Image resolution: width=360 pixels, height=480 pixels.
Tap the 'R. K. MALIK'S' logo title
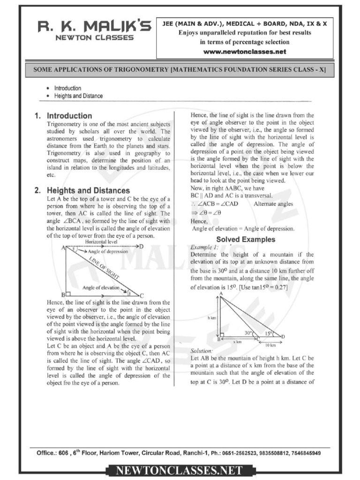[95, 28]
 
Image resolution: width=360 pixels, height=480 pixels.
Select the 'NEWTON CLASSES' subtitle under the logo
[95, 38]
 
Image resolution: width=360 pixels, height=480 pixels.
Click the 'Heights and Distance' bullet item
[78, 96]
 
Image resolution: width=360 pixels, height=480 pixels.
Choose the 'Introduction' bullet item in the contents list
[67, 88]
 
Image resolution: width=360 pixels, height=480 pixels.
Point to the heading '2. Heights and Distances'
[82, 191]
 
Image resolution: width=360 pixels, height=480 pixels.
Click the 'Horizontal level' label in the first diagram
[101, 241]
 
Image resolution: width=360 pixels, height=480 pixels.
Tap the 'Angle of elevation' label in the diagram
[100, 287]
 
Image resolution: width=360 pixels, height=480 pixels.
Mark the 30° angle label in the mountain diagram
[247, 333]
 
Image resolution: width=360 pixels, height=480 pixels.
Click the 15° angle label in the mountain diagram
[268, 333]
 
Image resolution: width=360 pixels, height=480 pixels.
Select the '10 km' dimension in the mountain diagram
[270, 345]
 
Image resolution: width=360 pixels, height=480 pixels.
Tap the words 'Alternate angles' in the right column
[273, 204]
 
